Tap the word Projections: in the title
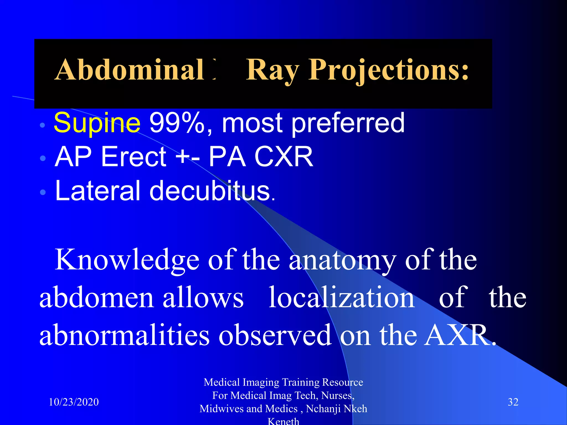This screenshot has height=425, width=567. click(389, 70)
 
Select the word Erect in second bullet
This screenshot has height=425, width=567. click(134, 157)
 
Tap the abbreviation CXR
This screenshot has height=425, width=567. click(283, 157)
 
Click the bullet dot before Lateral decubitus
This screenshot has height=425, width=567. click(43, 192)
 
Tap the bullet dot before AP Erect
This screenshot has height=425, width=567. click(43, 158)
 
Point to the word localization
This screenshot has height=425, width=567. click(342, 298)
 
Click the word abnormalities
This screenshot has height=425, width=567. click(124, 335)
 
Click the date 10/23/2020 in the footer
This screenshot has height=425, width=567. click(74, 402)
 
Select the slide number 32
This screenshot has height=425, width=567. click(513, 402)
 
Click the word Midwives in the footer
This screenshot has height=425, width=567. click(220, 409)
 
